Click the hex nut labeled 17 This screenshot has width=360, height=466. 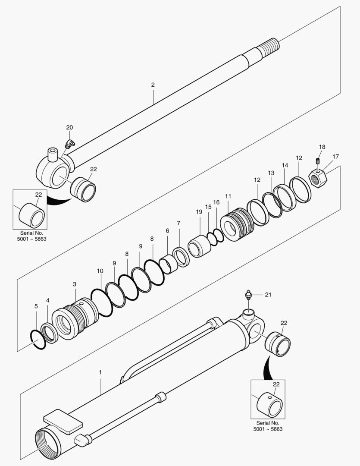(318, 178)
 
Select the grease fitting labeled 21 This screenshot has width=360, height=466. (247, 295)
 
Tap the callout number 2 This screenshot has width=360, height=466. (153, 85)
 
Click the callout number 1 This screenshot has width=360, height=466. (100, 372)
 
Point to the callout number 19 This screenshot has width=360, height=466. (199, 212)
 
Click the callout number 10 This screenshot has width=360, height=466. (100, 271)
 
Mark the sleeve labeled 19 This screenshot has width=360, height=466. (199, 246)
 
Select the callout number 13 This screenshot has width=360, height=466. (271, 173)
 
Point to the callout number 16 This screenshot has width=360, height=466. (216, 202)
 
